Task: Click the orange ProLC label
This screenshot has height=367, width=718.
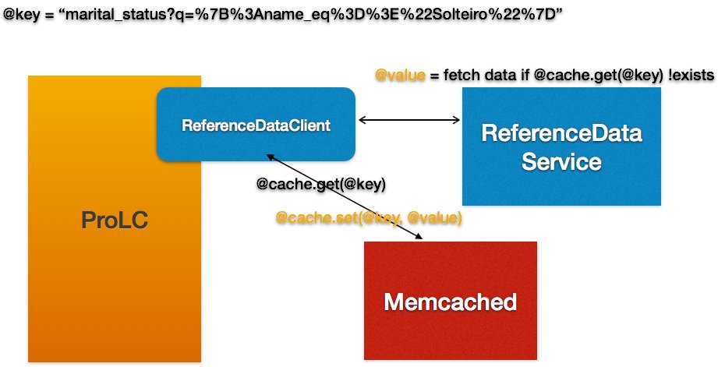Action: [x=114, y=221]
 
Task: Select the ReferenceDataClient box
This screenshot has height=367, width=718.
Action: [x=256, y=125]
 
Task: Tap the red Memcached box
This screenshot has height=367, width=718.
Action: [x=450, y=301]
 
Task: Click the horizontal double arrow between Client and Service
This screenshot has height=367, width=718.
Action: [x=409, y=119]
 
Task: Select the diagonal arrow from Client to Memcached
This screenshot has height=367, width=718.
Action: [x=343, y=196]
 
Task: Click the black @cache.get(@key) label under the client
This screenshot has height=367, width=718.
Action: [x=321, y=185]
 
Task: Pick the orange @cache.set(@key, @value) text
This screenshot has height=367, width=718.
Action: [x=369, y=218]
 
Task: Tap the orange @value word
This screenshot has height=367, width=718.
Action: [x=401, y=75]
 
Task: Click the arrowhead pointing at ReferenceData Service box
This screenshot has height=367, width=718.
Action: [x=457, y=119]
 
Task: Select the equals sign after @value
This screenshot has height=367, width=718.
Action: [x=434, y=75]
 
